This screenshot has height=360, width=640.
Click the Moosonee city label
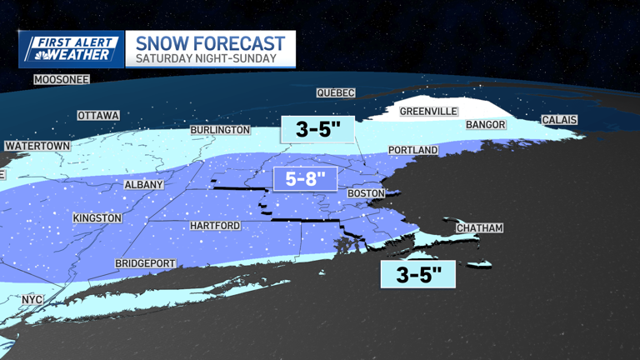coord(61,80)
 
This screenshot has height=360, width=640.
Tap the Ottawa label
coord(98,116)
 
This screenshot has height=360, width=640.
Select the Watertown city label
coord(37,146)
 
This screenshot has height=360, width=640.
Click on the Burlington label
coord(220,130)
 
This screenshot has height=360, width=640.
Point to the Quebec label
coord(336,93)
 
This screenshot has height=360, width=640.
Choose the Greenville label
coord(428,111)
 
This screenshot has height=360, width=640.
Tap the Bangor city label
coord(486,125)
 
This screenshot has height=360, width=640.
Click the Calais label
coord(559,120)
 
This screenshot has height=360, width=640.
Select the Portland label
coord(412,150)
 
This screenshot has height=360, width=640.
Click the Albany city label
coord(143,185)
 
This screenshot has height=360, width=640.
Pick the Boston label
coord(366,193)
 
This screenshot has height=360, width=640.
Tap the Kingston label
coord(97,218)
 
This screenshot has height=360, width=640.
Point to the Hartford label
coord(215,226)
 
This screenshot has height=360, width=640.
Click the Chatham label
coord(479,228)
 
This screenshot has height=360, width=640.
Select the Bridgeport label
coord(146,263)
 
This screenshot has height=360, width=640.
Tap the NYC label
coord(32,299)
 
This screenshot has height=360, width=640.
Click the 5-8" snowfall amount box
coord(304,178)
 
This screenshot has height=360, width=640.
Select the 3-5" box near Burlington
coord(317,129)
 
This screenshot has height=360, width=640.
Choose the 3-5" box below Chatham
coord(417,274)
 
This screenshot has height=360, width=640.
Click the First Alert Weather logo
coord(71,49)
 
